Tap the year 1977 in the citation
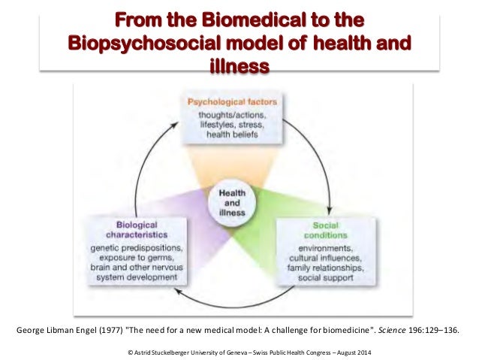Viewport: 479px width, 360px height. click(102, 331)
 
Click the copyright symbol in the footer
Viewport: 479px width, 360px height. click(132, 352)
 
